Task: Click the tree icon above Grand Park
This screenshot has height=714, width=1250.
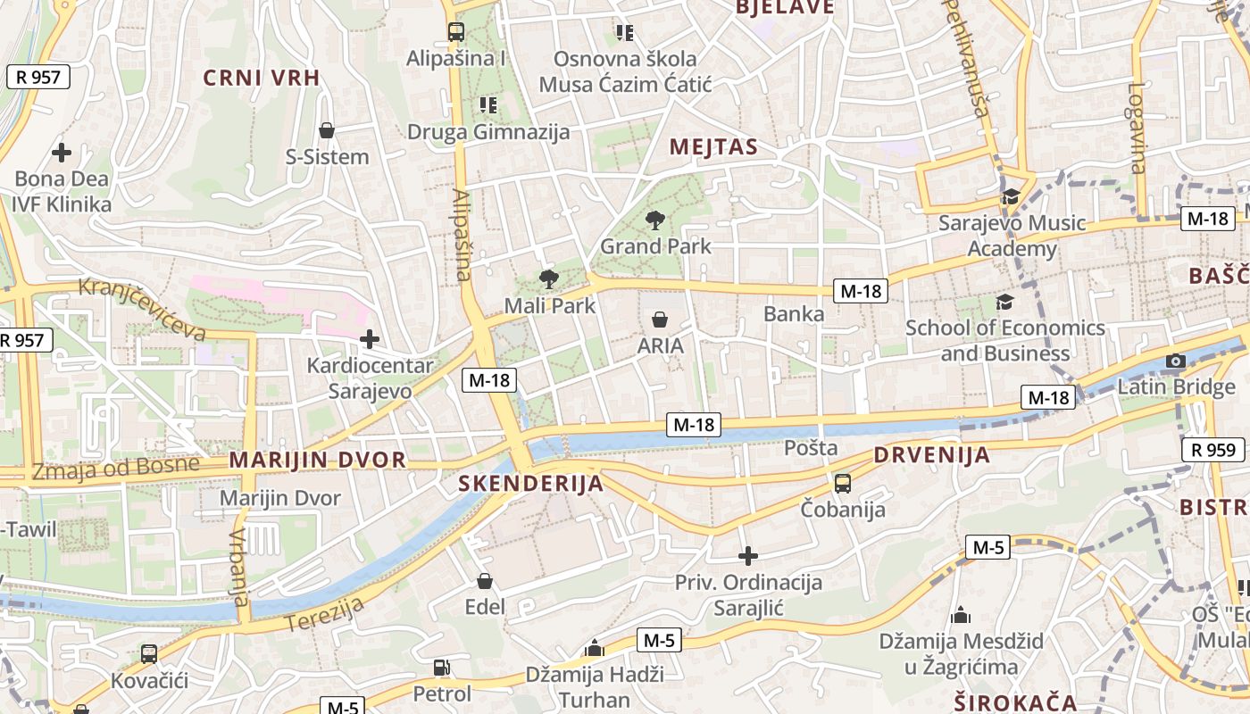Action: (x=655, y=220)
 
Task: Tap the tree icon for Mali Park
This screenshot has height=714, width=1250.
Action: (x=549, y=279)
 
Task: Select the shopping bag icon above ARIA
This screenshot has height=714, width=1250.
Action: (x=660, y=320)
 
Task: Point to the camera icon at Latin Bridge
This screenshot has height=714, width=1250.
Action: (x=1176, y=361)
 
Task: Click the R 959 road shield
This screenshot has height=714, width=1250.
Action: (x=1213, y=450)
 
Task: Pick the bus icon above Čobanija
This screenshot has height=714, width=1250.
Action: (x=842, y=484)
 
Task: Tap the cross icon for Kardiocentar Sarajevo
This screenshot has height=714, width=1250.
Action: (x=369, y=339)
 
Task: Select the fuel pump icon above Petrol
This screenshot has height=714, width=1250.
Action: (x=441, y=667)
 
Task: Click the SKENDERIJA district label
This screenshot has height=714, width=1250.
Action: (x=530, y=484)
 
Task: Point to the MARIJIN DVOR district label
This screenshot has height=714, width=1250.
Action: (x=318, y=461)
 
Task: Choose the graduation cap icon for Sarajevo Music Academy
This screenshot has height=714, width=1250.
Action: (x=1011, y=196)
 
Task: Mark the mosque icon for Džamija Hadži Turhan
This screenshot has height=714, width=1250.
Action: (x=594, y=648)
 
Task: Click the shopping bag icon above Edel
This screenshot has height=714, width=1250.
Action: (x=485, y=582)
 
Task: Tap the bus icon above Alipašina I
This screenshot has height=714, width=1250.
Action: (x=455, y=32)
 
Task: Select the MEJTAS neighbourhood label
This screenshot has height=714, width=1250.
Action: (x=713, y=147)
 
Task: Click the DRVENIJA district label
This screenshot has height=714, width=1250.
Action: (x=931, y=455)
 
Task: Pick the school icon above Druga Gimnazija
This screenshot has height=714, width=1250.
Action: (x=487, y=105)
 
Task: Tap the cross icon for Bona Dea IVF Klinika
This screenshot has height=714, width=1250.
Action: (x=61, y=153)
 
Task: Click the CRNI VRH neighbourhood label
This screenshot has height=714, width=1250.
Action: (x=261, y=78)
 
